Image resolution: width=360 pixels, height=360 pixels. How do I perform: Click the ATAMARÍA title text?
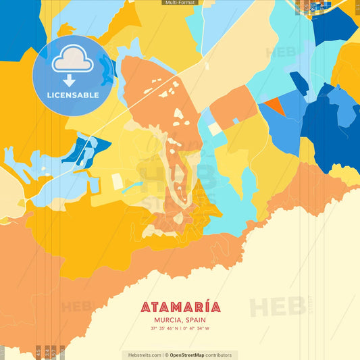coord(180,307)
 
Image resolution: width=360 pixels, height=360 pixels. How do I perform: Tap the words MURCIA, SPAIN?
coord(180,320)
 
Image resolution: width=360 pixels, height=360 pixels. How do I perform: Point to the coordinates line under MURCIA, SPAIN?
coord(180,329)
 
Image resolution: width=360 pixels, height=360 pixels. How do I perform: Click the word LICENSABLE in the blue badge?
coord(72,95)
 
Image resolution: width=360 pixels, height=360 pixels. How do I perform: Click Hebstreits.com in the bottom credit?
coord(142,355)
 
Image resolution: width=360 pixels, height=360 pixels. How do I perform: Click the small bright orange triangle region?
coord(273,105)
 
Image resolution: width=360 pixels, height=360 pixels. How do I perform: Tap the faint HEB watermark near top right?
coord(280,52)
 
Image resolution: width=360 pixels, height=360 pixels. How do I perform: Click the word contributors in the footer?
coord(218,355)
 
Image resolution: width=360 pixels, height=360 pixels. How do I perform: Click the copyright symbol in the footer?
coord(165,355)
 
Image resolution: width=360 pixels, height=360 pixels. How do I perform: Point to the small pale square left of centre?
coord(117,181)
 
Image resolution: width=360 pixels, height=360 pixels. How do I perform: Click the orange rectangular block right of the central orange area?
coord(234,108)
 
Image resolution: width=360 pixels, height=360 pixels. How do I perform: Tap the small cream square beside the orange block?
coord(215,128)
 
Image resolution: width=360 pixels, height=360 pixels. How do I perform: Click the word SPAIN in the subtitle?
coord(195,320)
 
